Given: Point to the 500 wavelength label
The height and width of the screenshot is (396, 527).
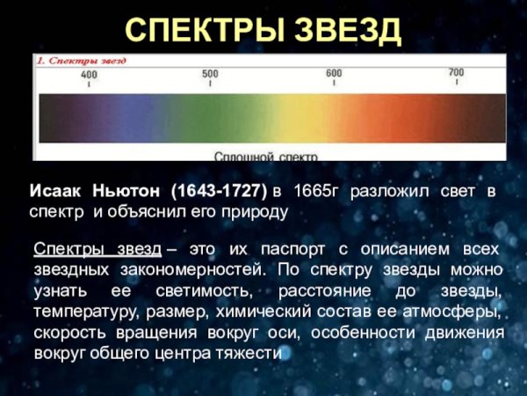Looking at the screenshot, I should [211, 74].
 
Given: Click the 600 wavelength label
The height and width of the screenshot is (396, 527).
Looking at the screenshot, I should [334, 73].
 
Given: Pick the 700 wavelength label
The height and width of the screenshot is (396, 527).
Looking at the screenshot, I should [456, 72].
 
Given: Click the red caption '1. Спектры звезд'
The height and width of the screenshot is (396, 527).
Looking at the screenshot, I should [82, 61].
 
